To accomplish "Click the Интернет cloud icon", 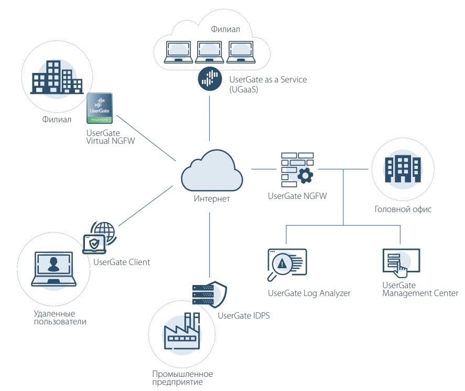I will pos(212,171).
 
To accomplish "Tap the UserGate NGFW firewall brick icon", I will pos(297,170).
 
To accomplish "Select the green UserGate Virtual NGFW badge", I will pos(100,108).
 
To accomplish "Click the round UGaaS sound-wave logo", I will pos(209,80).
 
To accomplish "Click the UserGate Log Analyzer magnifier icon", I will pos(286,265).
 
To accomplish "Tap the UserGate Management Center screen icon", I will pos(401,262).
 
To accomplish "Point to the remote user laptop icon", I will pos(53,269).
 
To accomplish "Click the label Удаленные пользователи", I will pos(58,317).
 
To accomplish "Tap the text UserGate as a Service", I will pos(268,80).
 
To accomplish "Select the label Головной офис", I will pos(403,209).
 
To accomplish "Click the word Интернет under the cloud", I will pos(211,199).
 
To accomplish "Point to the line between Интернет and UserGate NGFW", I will pos(264,169).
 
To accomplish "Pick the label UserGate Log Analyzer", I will pos(309,293).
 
